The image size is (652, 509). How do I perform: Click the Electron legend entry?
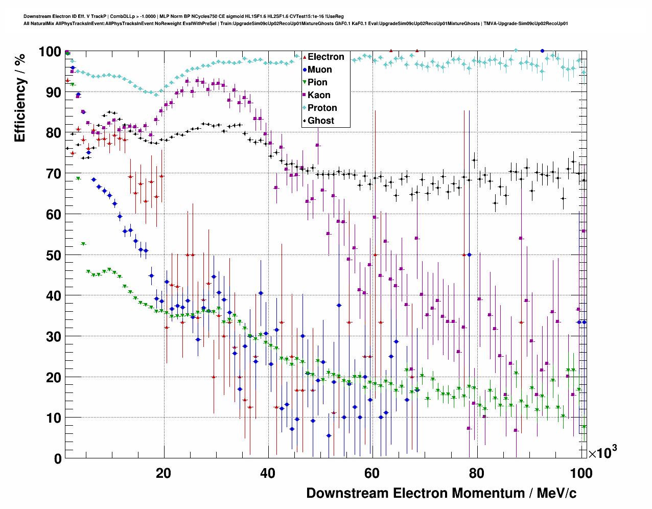[x=325, y=57]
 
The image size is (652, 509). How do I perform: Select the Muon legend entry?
[x=319, y=70]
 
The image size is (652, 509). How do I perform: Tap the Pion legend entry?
[x=317, y=82]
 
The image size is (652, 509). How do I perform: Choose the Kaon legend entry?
[x=319, y=95]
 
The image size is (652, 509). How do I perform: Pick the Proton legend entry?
[x=322, y=108]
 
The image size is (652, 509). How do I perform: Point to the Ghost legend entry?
[x=320, y=121]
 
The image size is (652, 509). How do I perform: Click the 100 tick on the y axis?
[x=50, y=52]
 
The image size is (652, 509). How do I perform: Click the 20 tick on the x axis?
[x=164, y=473]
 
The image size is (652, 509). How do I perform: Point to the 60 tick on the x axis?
[x=372, y=473]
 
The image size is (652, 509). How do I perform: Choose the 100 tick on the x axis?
[x=580, y=473]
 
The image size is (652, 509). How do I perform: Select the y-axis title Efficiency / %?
[x=20, y=97]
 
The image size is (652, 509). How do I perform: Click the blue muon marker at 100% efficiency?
[x=542, y=51]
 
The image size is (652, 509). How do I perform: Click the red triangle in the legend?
[x=305, y=57]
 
